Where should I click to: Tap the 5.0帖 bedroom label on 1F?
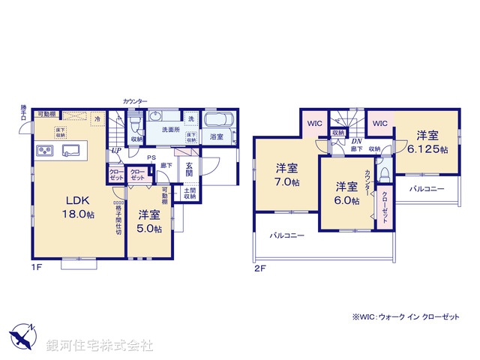[x=149, y=220]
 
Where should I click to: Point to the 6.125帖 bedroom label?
[x=432, y=142]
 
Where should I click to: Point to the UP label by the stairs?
[x=116, y=151]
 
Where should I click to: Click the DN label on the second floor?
[x=357, y=141]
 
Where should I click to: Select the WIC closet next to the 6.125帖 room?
[x=380, y=123]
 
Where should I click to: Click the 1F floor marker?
[x=35, y=267]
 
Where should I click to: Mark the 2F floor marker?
[x=259, y=267]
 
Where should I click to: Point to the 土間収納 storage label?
[x=190, y=193]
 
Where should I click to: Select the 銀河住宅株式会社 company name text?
[x=99, y=346]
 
